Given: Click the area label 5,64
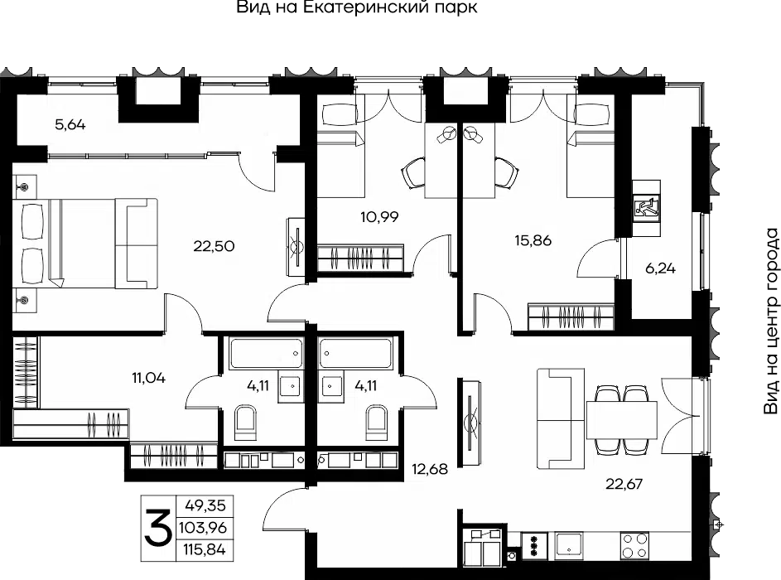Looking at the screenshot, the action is (x=70, y=124).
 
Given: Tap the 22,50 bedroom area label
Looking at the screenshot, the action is (x=214, y=246).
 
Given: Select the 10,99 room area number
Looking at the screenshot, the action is (x=379, y=217).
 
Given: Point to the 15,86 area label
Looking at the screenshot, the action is (x=533, y=240).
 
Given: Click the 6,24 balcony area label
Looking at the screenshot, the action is (x=660, y=268).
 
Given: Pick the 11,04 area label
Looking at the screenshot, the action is (x=148, y=378).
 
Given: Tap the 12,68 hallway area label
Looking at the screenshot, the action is (x=430, y=469).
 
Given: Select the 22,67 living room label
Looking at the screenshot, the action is (x=624, y=484).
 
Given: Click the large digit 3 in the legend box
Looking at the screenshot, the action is (x=158, y=528).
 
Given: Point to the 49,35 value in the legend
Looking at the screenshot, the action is (x=205, y=505).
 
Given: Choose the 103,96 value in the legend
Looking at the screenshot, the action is (x=203, y=527).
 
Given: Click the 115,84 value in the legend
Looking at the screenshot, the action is (x=205, y=549).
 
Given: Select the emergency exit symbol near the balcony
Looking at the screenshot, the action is (x=647, y=208).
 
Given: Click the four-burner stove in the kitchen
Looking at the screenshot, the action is (x=634, y=546).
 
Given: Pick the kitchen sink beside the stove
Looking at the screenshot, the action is (x=568, y=546).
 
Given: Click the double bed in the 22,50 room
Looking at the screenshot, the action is (x=84, y=243).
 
